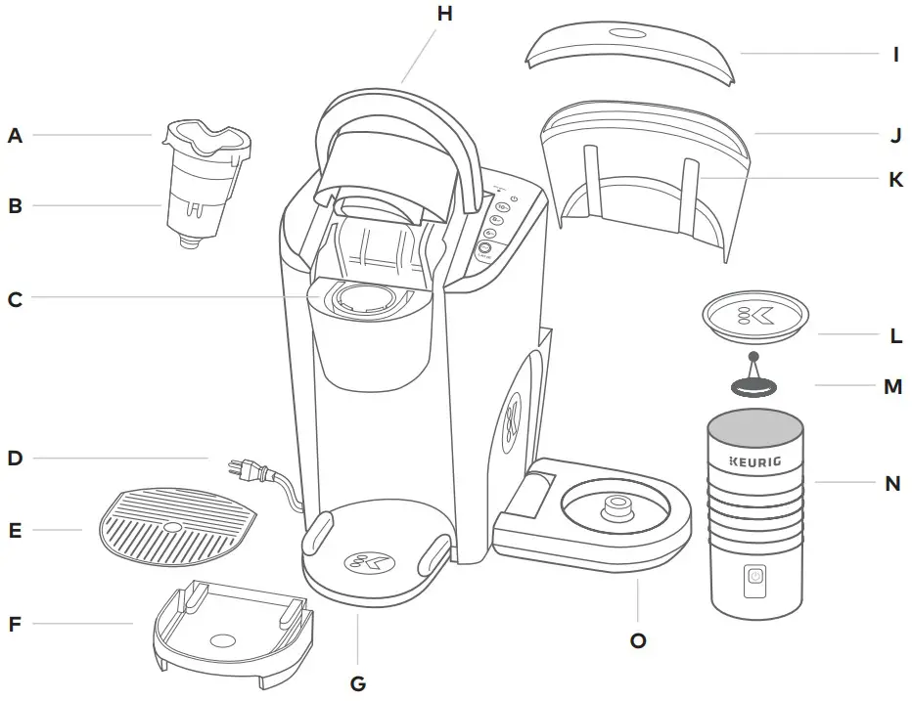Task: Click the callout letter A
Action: tap(15, 136)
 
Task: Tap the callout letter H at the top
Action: tap(445, 14)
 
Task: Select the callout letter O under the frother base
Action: tap(638, 640)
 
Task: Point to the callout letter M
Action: tap(892, 386)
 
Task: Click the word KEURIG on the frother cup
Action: tap(754, 460)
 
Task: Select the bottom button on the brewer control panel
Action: tap(483, 249)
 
